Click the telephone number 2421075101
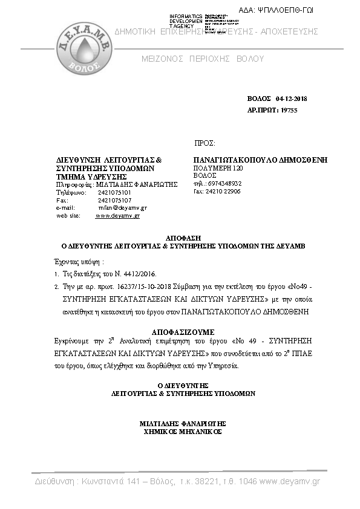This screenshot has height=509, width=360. click(114, 192)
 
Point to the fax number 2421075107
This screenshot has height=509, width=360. click(114, 199)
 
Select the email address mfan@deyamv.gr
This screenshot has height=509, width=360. click(122, 207)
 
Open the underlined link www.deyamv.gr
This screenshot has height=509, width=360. click(117, 215)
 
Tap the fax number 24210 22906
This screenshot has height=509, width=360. click(223, 190)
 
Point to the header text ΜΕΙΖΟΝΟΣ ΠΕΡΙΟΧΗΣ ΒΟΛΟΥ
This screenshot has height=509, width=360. click(203, 59)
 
